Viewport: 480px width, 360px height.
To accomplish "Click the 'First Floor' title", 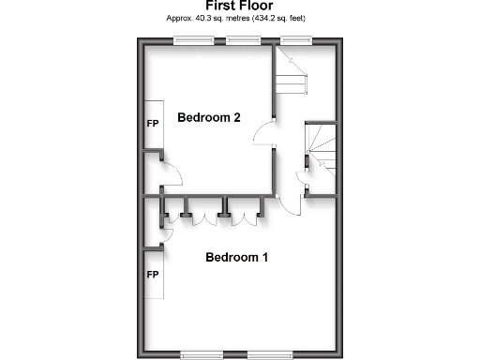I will click(240, 6).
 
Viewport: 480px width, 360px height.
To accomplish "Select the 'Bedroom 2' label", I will click(209, 118).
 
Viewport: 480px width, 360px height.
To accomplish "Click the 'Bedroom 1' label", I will click(237, 257).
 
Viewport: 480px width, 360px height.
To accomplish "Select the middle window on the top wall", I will click(243, 39).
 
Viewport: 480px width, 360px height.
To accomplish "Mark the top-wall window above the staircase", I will click(296, 39).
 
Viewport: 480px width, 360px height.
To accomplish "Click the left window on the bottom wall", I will click(202, 354).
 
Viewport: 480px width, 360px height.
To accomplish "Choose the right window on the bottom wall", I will click(270, 354).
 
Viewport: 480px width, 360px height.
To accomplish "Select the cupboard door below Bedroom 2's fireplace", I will click(169, 171).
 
